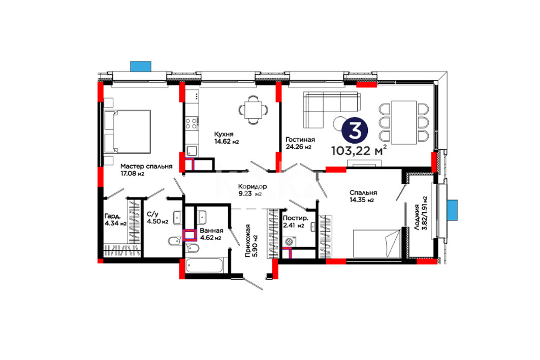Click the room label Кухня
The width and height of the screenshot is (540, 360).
[224, 134]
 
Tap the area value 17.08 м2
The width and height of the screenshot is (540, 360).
[132, 174]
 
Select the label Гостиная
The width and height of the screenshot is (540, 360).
[300, 140]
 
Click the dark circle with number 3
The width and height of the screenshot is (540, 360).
[355, 130]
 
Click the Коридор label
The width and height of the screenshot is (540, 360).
[252, 186]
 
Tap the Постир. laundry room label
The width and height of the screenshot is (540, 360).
[295, 218]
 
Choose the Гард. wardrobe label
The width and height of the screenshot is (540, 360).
[113, 216]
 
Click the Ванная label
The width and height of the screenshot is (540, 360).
[211, 231]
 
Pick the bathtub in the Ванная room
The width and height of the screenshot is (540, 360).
[205, 266]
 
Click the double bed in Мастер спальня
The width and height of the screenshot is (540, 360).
[128, 132]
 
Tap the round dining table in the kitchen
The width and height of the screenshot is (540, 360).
[253, 110]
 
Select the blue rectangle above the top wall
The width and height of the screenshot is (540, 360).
[141, 67]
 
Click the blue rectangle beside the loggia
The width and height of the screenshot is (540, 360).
[452, 210]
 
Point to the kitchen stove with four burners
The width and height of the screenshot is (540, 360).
[192, 123]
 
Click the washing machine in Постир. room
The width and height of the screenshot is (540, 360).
[289, 241]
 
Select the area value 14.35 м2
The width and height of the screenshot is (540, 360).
[362, 200]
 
